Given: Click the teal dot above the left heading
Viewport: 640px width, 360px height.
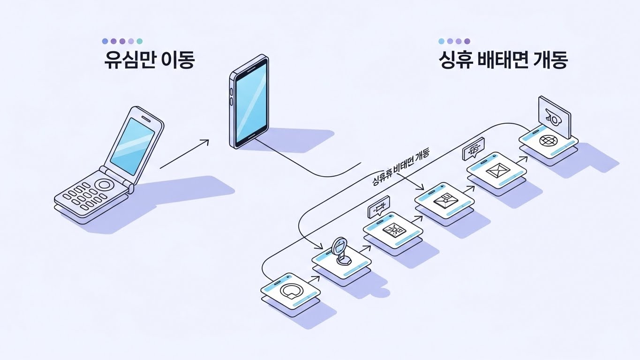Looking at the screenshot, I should pyautogui.click(x=140, y=41).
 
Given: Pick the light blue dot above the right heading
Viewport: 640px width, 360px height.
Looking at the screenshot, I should pyautogui.click(x=441, y=41).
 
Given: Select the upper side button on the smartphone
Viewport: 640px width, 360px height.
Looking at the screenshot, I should pyautogui.click(x=231, y=91).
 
